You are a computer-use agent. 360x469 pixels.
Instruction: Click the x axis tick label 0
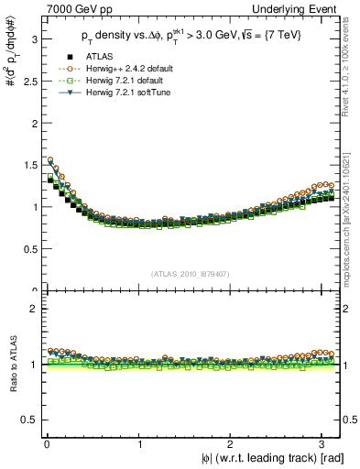click(47, 444)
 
